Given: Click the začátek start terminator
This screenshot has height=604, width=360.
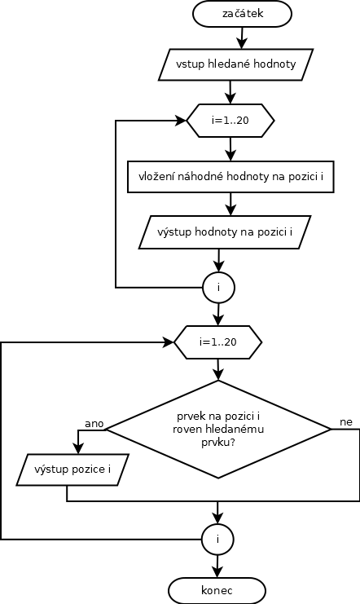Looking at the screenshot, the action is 242,14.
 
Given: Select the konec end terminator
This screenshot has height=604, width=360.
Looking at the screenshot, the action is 217,590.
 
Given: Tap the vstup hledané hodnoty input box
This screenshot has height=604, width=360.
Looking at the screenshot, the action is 235,64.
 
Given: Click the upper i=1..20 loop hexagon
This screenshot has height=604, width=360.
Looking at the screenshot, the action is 230,121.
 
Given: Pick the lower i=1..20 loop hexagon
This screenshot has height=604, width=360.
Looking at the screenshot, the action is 218,342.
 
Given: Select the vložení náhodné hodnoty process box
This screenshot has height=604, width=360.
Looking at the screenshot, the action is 230,177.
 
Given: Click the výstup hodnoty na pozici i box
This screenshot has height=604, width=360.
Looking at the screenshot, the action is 225,232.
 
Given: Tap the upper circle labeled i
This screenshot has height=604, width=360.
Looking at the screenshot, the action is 219,288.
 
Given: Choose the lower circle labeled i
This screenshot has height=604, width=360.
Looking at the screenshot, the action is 217,540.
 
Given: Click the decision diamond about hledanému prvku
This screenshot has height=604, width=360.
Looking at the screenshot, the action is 218,429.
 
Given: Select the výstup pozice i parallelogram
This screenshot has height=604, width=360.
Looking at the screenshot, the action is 72,470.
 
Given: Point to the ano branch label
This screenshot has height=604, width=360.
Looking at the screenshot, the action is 94,424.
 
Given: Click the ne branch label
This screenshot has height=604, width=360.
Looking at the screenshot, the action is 346,422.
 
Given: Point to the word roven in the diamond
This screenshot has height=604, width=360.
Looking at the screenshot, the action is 183,429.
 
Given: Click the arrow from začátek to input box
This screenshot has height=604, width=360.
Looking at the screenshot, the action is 242,37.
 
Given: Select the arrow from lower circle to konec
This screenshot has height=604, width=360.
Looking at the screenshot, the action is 217,567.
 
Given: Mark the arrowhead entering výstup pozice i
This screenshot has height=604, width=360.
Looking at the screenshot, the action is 78,448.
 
